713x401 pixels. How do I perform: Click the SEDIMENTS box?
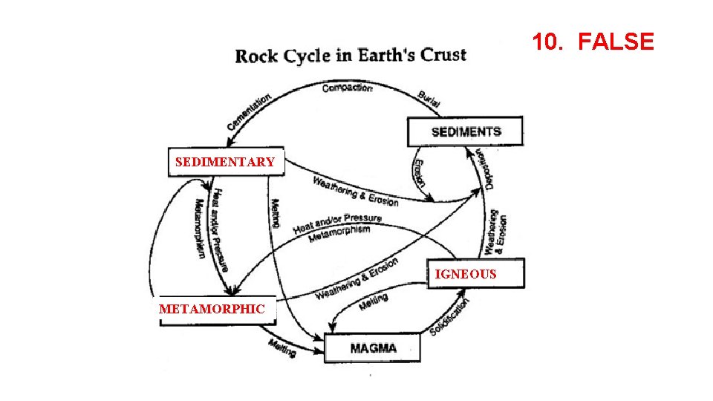466,131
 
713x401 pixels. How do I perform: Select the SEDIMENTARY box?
226,162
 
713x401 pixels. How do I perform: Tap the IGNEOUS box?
466,274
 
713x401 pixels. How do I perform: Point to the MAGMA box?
373,348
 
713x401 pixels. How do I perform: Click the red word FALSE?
616,42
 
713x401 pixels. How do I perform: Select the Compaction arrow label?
347,88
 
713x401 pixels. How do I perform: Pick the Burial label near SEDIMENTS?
429,100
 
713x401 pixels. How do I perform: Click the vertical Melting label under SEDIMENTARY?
275,213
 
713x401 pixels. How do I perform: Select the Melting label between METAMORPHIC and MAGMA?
283,347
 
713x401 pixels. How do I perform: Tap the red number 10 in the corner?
546,42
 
